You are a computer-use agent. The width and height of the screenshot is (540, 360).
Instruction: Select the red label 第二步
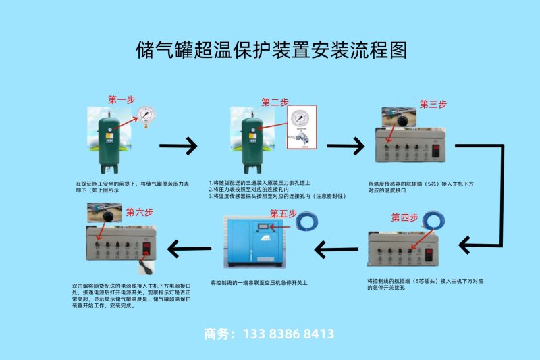tap(275, 102)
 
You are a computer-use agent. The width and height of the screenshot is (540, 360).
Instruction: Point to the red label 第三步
tap(433, 104)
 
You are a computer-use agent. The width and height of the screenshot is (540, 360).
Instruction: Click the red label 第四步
tap(405, 217)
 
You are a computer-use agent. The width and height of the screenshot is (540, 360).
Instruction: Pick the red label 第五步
tap(283, 214)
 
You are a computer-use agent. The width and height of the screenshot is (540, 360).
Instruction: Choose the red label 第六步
tap(140, 211)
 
